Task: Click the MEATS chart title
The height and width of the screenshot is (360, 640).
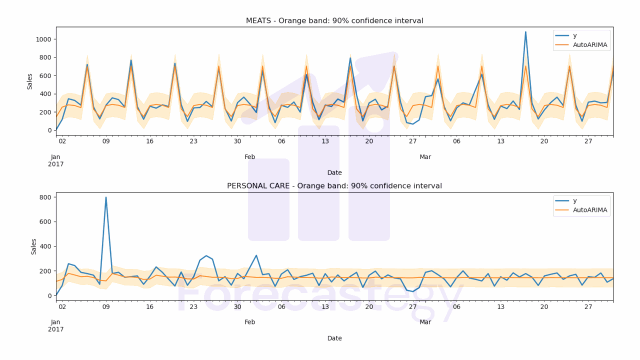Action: [x=334, y=20]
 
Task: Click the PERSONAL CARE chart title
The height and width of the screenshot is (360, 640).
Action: [x=334, y=186]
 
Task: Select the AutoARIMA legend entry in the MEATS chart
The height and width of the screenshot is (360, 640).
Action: [x=590, y=45]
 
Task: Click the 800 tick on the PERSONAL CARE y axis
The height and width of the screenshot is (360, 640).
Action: [x=45, y=197]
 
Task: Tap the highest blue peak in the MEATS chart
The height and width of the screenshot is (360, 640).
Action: [x=525, y=32]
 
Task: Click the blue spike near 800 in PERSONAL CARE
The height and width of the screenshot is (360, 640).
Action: [x=106, y=197]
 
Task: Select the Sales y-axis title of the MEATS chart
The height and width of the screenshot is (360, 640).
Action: [x=30, y=81]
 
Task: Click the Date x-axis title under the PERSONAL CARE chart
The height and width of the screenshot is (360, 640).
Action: [x=334, y=338]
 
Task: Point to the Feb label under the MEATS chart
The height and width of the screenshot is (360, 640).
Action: [x=250, y=157]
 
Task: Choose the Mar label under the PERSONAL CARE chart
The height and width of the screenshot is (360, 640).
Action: [x=425, y=322]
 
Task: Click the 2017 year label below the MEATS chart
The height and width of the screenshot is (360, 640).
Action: [x=55, y=164]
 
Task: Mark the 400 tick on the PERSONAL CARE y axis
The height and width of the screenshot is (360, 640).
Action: [x=45, y=246]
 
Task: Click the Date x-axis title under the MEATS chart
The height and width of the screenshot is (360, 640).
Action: [x=334, y=173]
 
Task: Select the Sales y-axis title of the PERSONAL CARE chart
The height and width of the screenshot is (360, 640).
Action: [x=34, y=246]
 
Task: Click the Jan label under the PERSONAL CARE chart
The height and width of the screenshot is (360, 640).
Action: [x=55, y=322]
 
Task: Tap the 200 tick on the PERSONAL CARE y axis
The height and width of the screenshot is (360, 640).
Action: [x=45, y=271]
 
